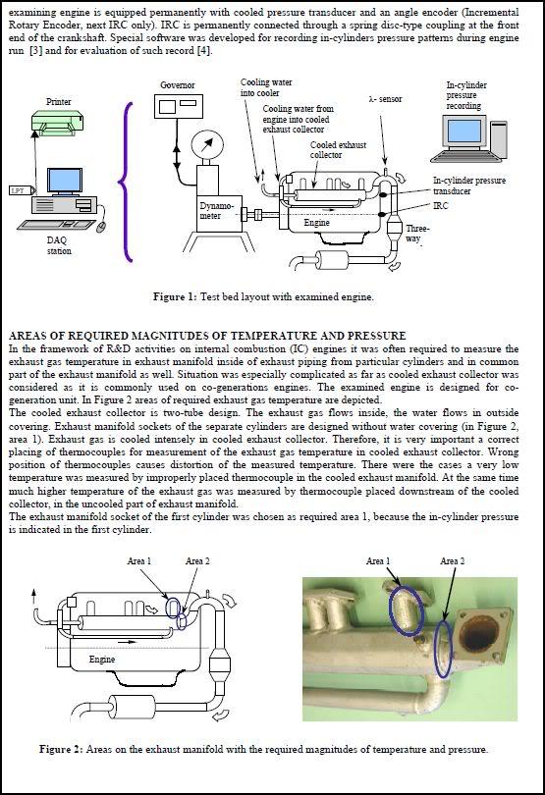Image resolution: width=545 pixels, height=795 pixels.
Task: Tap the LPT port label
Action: (20, 190)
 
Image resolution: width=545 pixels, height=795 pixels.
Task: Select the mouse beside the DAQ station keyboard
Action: (101, 226)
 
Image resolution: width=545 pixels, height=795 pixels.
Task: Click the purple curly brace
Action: (126, 183)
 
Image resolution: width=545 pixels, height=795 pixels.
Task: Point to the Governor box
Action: (178, 106)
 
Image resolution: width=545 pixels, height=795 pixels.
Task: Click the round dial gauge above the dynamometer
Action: (207, 145)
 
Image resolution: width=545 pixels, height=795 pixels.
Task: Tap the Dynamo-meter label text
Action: (217, 211)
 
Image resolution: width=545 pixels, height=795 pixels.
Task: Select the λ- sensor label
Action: (385, 99)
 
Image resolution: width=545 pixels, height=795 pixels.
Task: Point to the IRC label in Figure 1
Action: (441, 206)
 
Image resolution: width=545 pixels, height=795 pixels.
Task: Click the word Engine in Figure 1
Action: (316, 223)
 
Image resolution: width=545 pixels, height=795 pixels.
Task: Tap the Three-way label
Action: (417, 234)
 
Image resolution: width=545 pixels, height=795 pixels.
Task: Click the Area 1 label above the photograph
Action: (378, 560)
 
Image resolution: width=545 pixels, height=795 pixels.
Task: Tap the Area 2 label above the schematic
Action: (197, 560)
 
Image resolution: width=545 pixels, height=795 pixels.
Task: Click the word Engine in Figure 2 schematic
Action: (102, 660)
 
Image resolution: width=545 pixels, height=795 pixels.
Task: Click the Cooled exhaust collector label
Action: (338, 149)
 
